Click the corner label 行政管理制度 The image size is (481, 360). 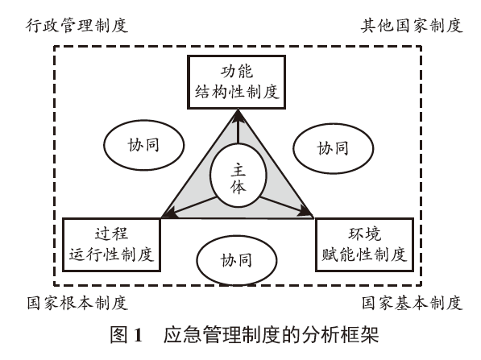click(67, 25)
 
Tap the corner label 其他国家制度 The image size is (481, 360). click(411, 25)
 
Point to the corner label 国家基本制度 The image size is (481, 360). click(411, 304)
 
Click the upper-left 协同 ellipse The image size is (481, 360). click(135, 147)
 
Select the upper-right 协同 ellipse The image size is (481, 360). click(334, 147)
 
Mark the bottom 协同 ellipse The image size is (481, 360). click(237, 260)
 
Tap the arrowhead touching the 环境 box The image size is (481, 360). click(308, 214)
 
